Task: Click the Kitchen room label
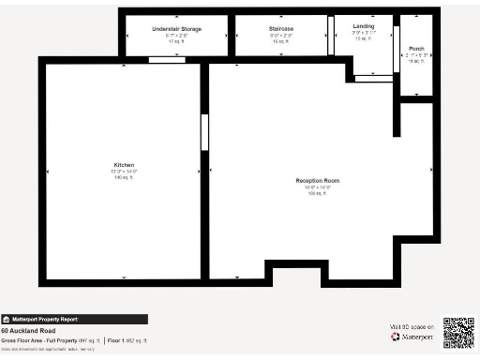[124, 165]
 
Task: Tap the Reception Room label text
[317, 180]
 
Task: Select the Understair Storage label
[176, 29]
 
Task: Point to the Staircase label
[281, 29]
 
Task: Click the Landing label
[364, 26]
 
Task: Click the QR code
[457, 333]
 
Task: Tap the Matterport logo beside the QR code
[409, 337]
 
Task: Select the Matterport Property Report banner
[74, 319]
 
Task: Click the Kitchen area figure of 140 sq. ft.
[124, 177]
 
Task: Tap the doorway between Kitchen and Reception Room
[204, 132]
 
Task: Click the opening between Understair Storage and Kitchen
[167, 60]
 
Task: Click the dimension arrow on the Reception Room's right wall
[429, 172]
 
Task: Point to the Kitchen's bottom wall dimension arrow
[124, 277]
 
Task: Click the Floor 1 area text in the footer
[126, 339]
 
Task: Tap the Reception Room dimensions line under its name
[317, 187]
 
